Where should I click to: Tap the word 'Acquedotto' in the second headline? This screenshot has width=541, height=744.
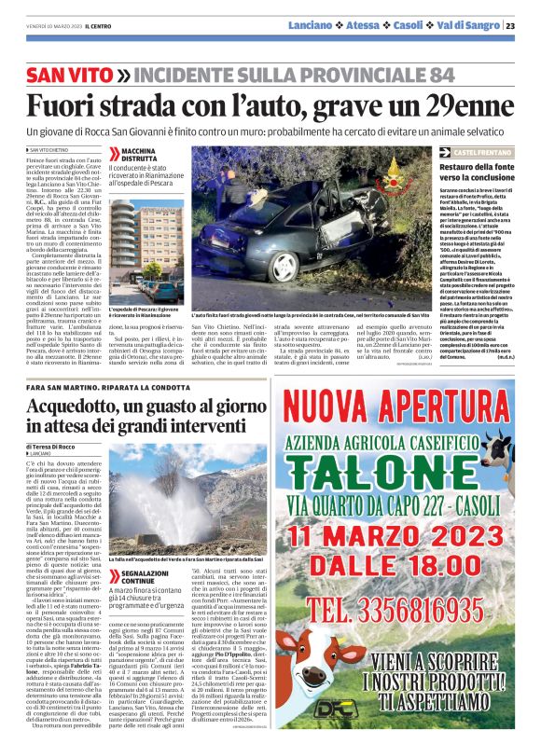[x=79, y=407]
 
